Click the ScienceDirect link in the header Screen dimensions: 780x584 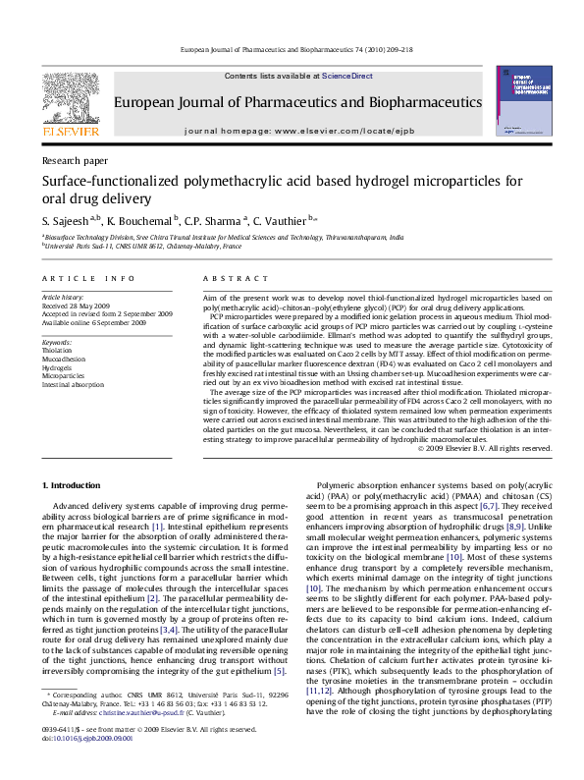point(347,76)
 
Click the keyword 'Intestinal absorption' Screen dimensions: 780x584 point(73,385)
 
